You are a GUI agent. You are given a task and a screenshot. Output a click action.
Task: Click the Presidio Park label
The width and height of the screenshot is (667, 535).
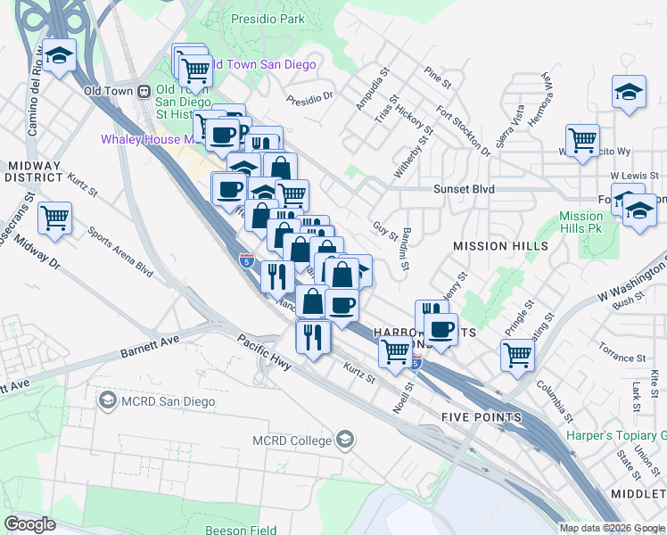click(x=268, y=19)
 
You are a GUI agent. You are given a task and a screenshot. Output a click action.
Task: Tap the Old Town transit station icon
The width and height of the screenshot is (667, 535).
click(x=143, y=91)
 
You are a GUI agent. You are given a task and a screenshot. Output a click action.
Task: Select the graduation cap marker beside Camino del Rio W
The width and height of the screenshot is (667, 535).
click(x=59, y=56)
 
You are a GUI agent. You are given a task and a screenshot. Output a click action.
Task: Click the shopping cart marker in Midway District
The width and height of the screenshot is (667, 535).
click(x=54, y=217)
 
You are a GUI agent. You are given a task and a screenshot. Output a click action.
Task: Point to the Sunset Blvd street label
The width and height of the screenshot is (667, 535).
click(x=464, y=189)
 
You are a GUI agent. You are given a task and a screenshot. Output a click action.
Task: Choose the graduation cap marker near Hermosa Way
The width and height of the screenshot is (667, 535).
click(x=629, y=92)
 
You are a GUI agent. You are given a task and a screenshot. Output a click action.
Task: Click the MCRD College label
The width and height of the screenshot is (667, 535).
click(x=292, y=440)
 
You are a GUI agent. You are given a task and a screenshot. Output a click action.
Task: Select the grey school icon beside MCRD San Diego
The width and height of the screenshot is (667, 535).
click(x=107, y=401)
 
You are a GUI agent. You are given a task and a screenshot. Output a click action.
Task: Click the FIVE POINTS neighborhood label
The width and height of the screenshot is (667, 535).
click(x=481, y=417)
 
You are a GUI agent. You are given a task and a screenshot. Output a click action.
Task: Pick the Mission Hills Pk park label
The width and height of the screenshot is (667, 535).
click(x=581, y=223)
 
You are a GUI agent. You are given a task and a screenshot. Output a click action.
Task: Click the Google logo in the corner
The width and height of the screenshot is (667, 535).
click(x=29, y=523)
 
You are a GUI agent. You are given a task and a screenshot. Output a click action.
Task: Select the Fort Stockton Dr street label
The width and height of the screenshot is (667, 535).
click(x=463, y=131)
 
